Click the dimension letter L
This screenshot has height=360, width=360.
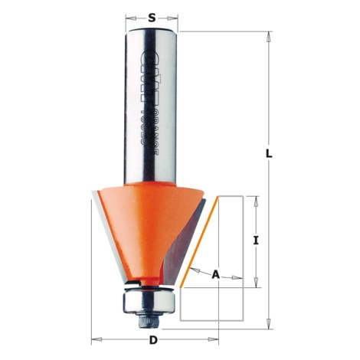(269, 152)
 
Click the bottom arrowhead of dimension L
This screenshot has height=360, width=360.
(269, 324)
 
